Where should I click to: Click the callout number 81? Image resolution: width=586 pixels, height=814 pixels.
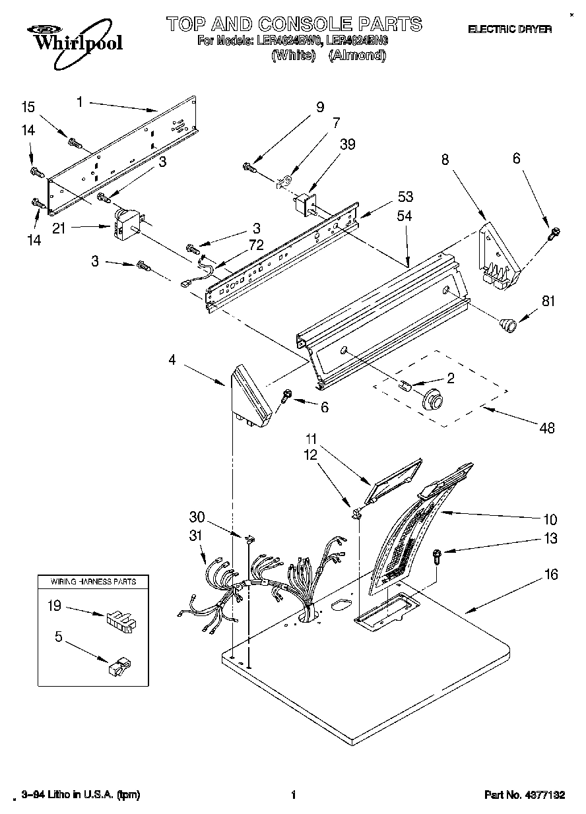[548, 301]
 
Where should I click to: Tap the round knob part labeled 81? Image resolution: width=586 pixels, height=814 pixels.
[507, 324]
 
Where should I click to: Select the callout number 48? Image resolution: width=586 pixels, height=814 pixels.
[547, 427]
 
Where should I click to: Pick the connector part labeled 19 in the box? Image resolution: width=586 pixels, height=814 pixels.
[120, 620]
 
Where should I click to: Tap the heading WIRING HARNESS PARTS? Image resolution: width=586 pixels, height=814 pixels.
[94, 582]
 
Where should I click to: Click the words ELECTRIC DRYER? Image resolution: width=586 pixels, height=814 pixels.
[509, 29]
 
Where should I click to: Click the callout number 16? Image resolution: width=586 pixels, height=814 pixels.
[551, 575]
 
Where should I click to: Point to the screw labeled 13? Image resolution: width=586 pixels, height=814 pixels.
[437, 557]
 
